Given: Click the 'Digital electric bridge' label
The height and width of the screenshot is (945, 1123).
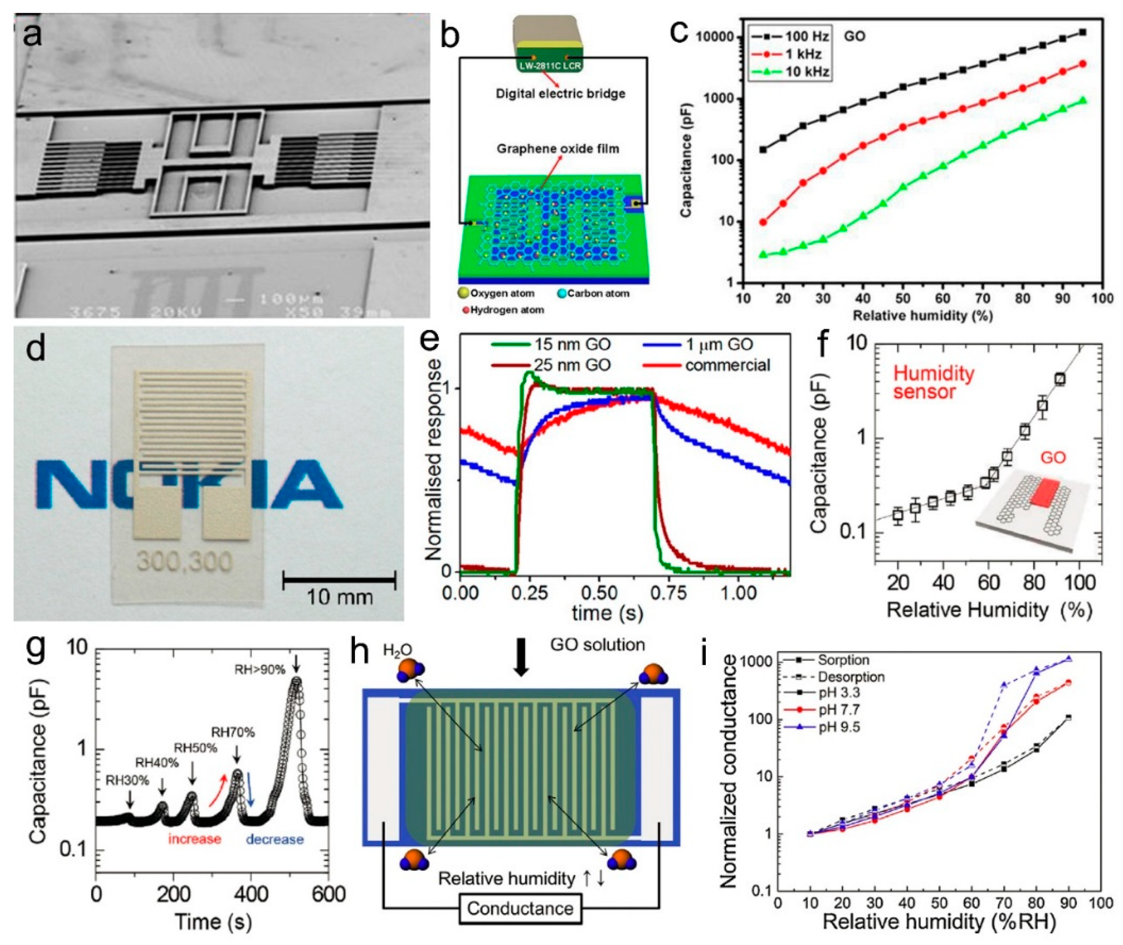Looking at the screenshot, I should [560, 93].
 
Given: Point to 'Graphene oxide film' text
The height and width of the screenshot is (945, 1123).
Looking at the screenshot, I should [558, 149].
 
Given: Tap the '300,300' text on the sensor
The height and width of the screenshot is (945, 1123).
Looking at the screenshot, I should [185, 562].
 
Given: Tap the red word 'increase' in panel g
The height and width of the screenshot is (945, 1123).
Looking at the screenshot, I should [194, 839].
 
